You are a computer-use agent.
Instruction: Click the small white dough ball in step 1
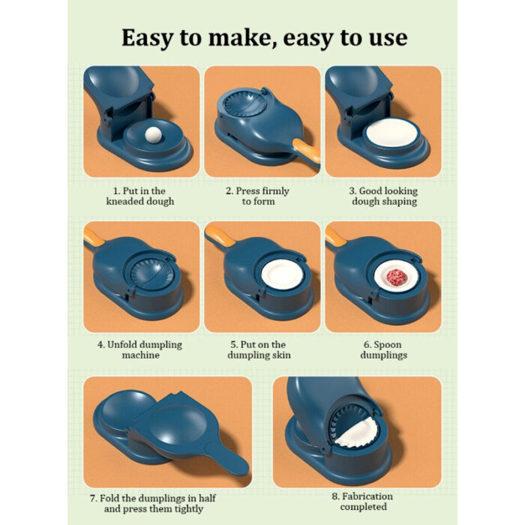pos(154,136)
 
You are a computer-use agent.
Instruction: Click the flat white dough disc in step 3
pos(391,133)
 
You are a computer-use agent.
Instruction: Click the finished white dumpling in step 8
pos(355,433)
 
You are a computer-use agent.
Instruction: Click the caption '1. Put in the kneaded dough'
pos(140,196)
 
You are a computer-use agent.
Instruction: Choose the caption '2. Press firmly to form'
pos(257,196)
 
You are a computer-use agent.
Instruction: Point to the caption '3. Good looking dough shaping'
pos(382,196)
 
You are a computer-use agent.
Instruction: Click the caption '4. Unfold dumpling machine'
pos(140,349)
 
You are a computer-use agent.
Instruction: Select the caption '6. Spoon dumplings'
pos(382,349)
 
